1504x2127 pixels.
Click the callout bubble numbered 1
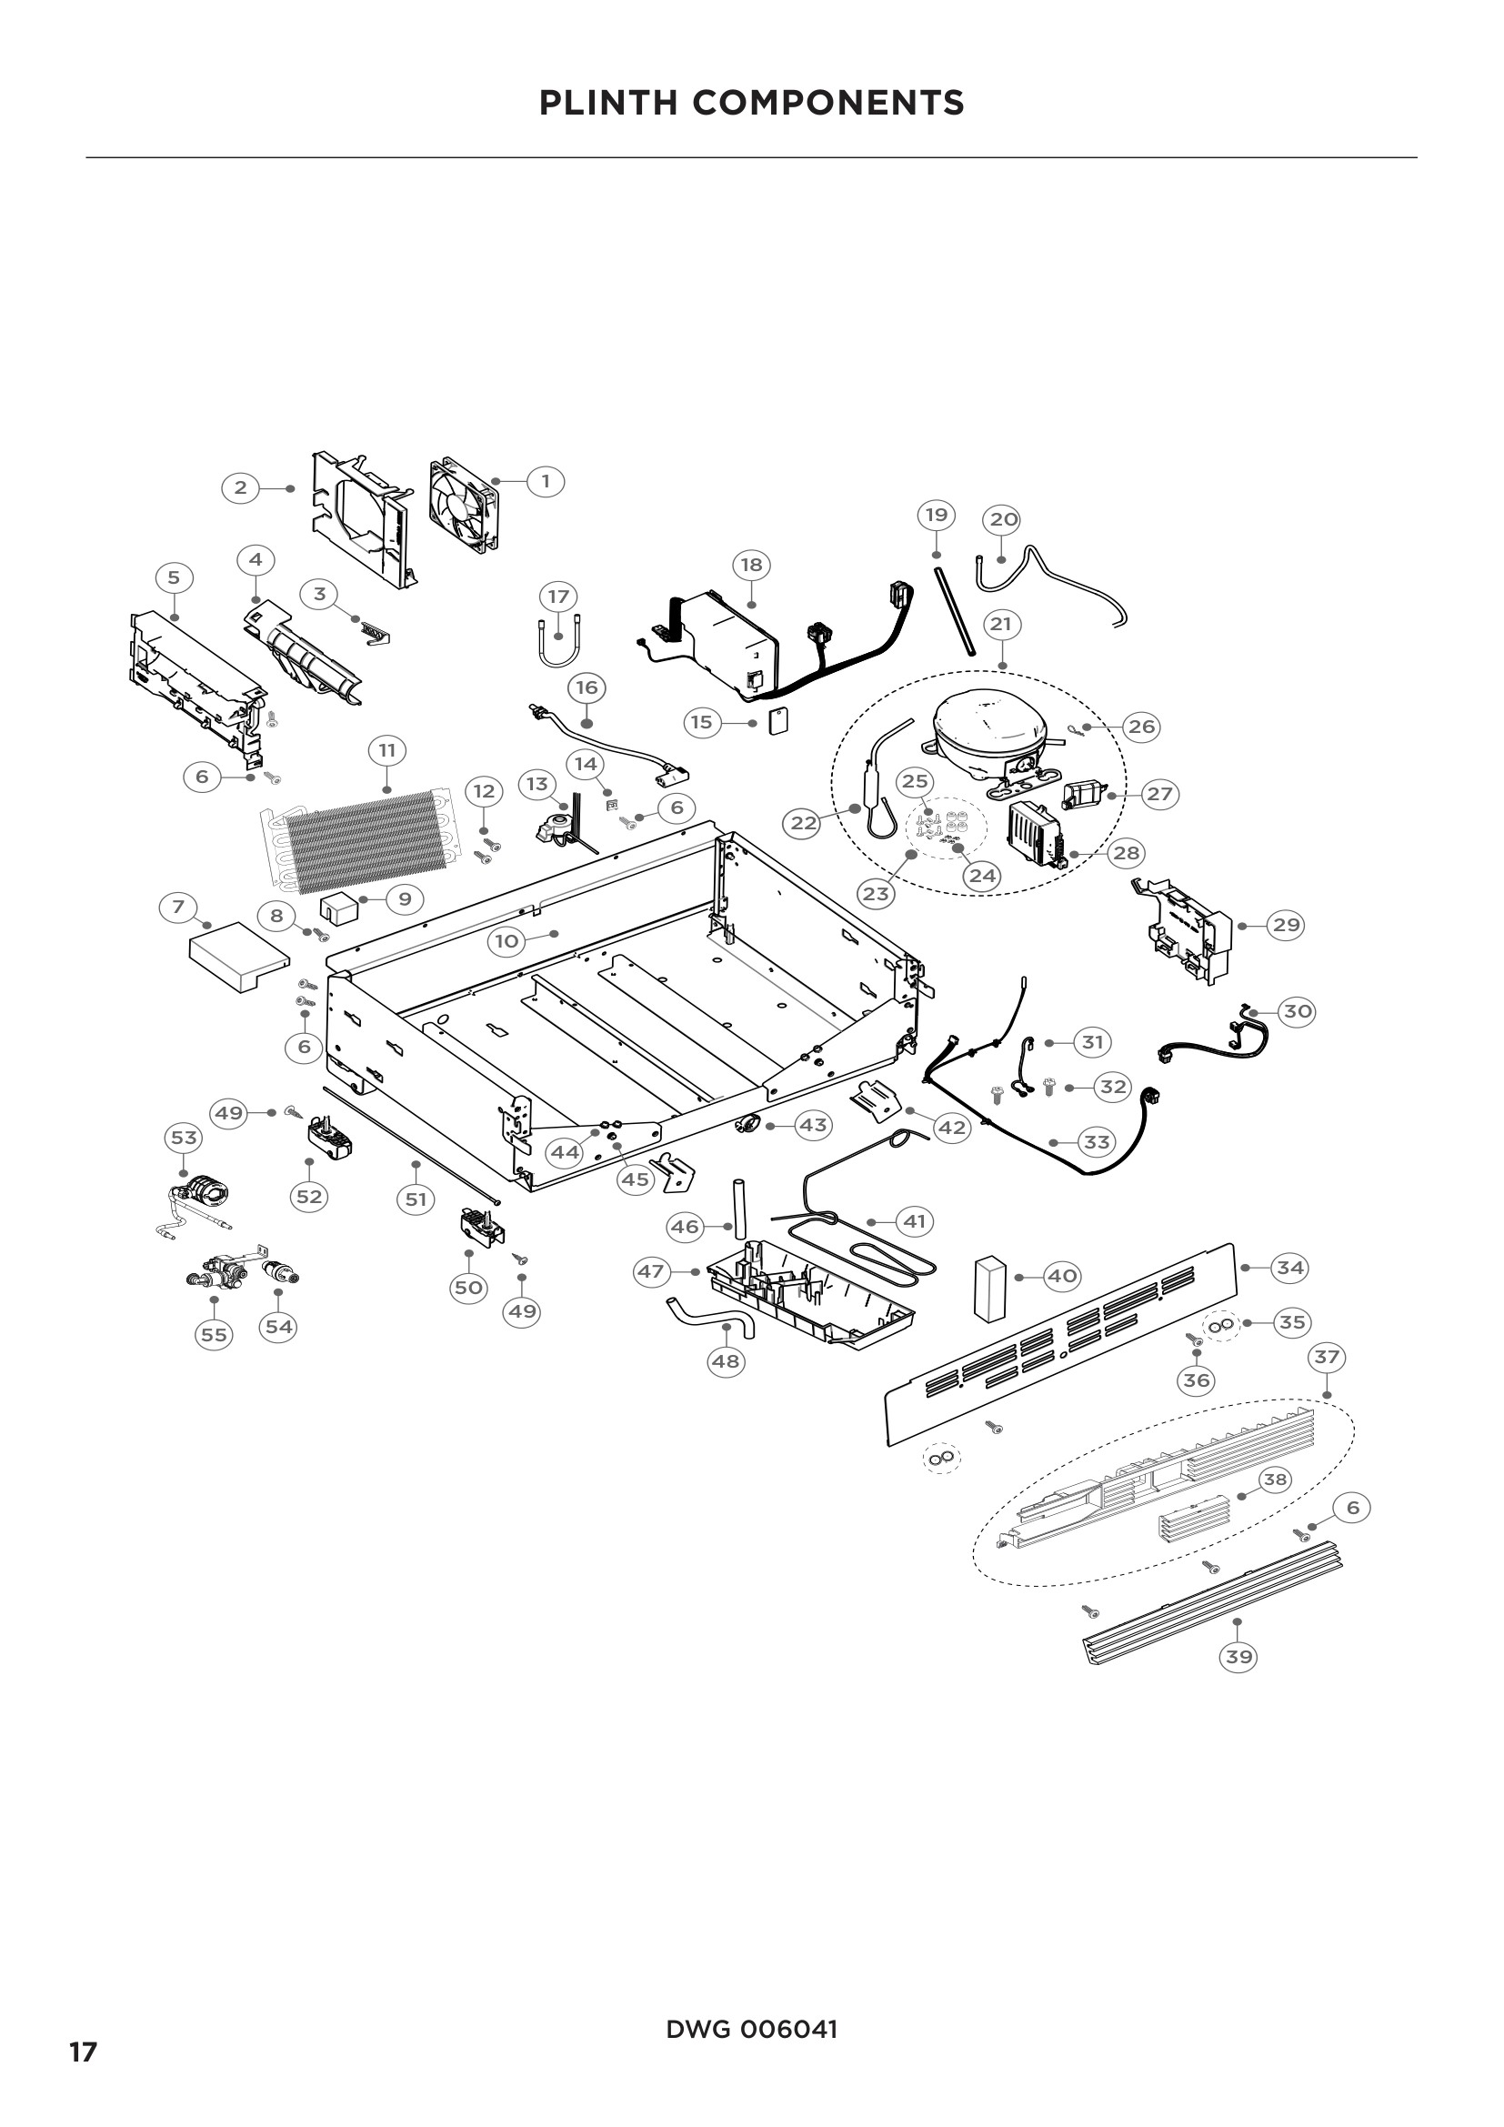pos(546,481)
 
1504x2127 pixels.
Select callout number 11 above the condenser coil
pos(387,749)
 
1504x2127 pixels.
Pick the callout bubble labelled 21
pos(1001,625)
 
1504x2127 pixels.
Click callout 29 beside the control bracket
pos(1285,925)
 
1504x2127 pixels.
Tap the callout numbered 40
pos(1062,1276)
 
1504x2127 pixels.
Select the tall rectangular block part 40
pos(988,1287)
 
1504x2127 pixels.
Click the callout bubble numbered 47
pos(651,1271)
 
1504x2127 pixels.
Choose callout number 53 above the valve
pos(184,1138)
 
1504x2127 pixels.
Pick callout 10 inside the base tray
pos(506,942)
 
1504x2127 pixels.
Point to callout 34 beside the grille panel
pos(1290,1268)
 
